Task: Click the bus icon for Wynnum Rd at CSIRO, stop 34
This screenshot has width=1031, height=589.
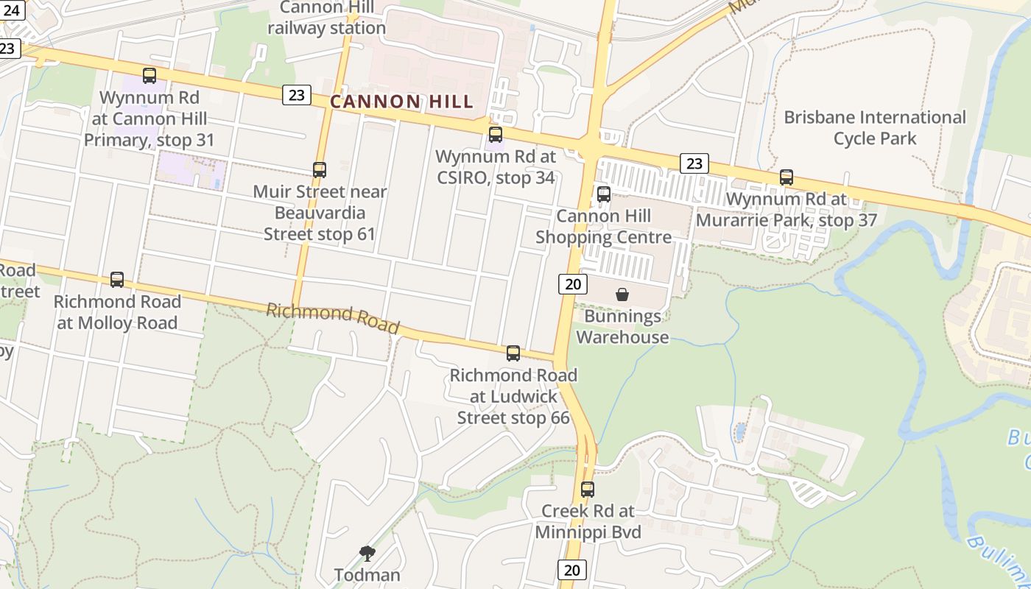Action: [496, 135]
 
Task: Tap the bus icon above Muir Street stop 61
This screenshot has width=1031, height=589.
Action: [319, 170]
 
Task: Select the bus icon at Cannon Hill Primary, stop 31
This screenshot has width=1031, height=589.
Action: [149, 76]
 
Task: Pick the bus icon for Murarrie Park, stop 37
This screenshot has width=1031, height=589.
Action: [787, 177]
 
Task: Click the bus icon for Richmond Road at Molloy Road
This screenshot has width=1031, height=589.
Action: [117, 280]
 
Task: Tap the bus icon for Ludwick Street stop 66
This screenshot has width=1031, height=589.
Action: [513, 353]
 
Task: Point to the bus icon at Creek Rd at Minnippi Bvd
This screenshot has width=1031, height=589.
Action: [588, 490]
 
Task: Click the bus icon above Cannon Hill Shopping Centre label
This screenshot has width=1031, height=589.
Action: [604, 194]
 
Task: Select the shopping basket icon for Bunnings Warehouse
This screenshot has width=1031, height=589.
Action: [622, 294]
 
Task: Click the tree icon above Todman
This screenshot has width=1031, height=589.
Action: [367, 554]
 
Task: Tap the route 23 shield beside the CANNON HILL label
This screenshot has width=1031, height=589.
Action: [296, 94]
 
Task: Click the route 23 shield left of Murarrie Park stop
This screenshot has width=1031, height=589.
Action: [694, 163]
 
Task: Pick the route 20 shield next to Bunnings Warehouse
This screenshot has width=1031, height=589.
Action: [572, 283]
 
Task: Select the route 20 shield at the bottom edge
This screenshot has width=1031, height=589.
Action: [572, 569]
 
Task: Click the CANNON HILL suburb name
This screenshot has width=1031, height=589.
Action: [401, 102]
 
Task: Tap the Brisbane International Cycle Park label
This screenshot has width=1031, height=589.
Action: [875, 127]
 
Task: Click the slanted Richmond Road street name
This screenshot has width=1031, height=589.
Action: [332, 318]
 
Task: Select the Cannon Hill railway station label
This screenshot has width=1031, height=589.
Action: [326, 18]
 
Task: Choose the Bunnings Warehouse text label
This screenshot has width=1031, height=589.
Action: [622, 327]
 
